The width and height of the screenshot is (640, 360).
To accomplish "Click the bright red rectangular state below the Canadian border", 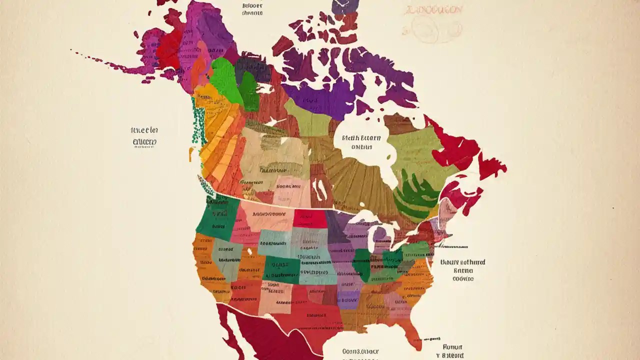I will (x=310, y=218).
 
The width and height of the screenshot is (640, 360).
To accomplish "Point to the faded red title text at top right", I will (x=433, y=10).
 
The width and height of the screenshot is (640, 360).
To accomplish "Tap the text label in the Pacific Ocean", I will (x=144, y=136).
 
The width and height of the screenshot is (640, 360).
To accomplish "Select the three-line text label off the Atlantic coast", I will (x=462, y=270).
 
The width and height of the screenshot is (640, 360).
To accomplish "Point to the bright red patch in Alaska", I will (x=169, y=47).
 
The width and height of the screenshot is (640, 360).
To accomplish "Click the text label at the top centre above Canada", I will (x=252, y=9).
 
